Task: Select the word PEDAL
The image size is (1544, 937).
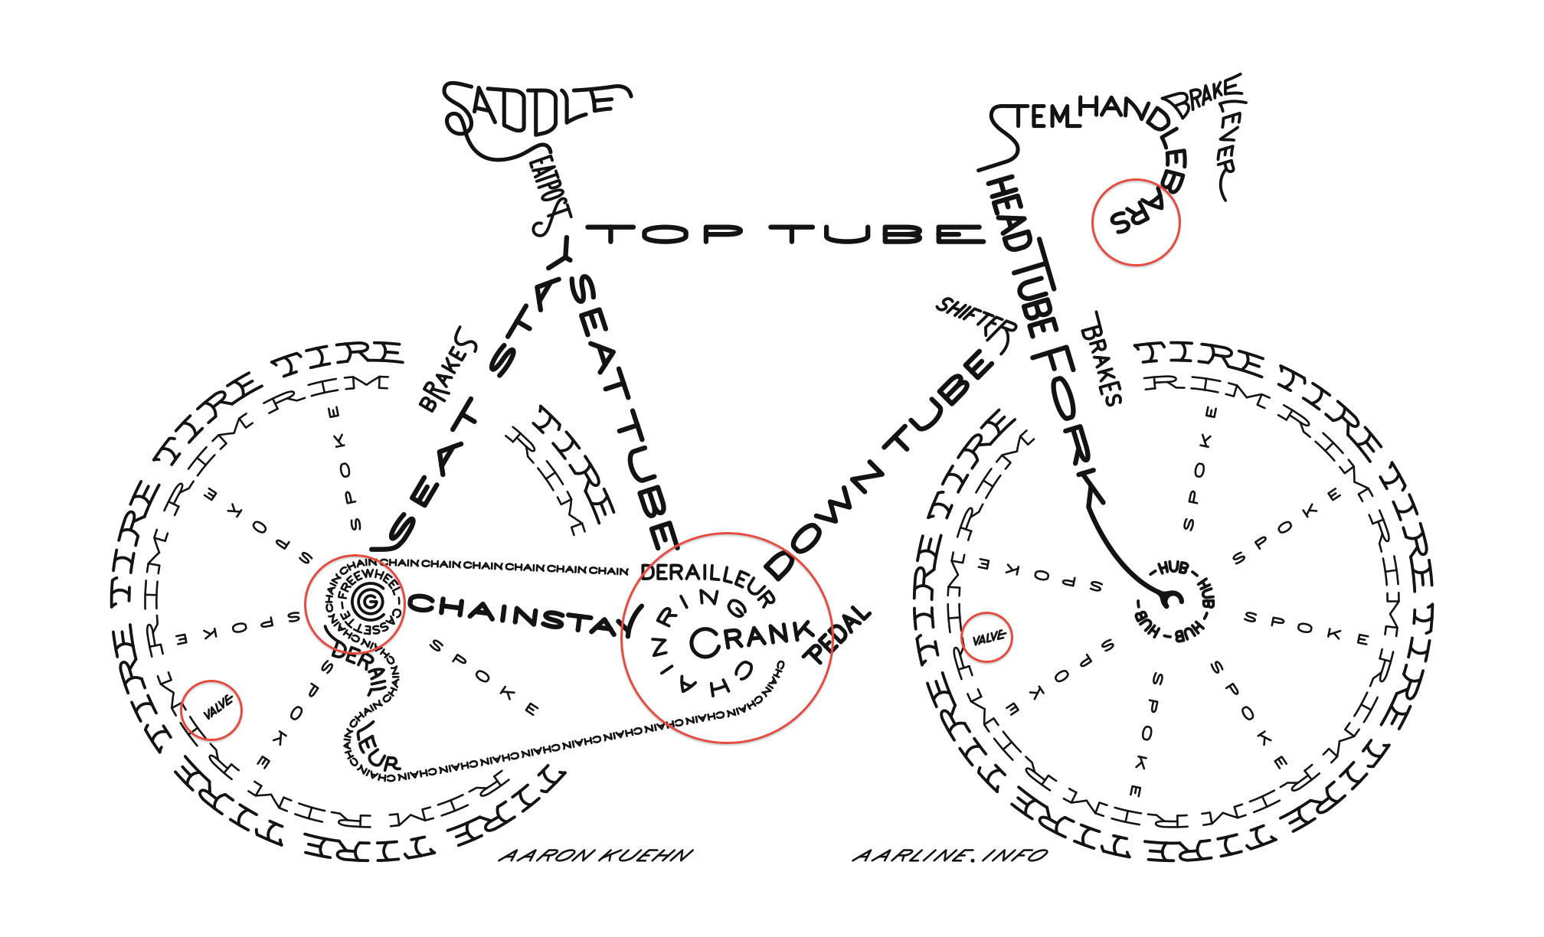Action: tap(839, 635)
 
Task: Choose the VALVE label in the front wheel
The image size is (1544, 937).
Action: tap(988, 638)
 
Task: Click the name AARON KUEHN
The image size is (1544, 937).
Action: tap(596, 855)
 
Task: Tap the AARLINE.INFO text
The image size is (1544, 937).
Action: tap(950, 855)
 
